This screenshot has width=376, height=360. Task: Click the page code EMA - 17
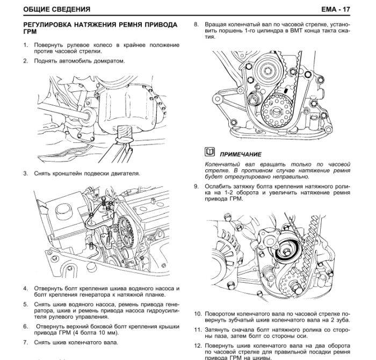351,9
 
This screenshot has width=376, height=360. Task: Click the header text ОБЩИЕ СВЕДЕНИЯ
57,9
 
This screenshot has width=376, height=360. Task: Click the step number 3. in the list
25,174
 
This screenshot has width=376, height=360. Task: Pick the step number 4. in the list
25,288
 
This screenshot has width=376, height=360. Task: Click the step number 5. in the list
25,303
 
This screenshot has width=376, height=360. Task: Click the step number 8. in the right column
197,24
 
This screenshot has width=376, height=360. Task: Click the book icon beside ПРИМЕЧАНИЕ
209,153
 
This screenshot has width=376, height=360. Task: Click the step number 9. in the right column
197,186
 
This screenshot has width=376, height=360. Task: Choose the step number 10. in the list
198,313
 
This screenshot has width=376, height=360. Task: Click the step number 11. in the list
198,329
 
